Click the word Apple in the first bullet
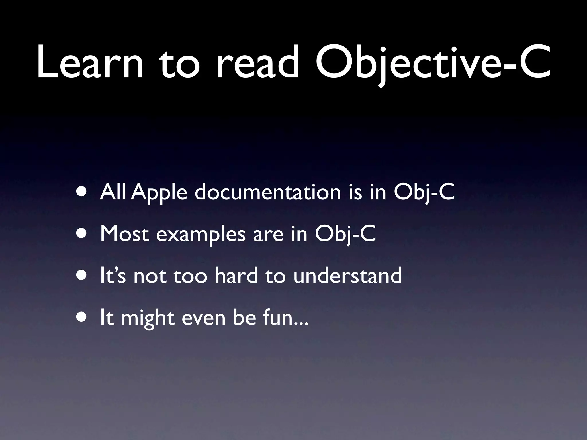click(x=160, y=192)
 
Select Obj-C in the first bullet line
click(x=424, y=192)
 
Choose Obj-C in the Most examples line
click(x=345, y=234)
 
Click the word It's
click(x=113, y=276)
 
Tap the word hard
click(x=236, y=276)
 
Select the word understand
click(x=347, y=276)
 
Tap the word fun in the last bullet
click(x=277, y=317)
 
